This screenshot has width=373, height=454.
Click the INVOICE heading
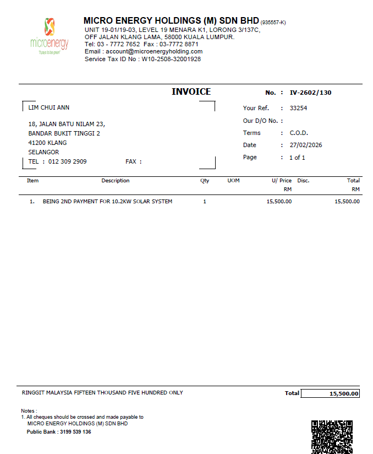[191, 92]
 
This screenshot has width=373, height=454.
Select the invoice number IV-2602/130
[310, 93]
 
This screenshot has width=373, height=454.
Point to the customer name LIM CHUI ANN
[49, 107]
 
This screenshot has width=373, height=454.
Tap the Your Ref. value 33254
[298, 108]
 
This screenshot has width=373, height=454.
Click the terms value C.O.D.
[299, 133]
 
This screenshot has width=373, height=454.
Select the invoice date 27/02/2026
[305, 145]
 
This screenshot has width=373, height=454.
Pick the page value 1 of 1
[297, 157]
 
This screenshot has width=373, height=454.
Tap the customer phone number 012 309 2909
[68, 161]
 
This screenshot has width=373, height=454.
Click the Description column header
[115, 181]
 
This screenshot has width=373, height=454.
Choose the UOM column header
[233, 181]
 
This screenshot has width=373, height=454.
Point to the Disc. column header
[303, 181]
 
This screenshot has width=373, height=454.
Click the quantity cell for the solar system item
[205, 202]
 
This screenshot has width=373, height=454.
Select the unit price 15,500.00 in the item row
[279, 202]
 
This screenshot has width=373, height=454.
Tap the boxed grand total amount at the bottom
[331, 393]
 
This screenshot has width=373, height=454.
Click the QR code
[332, 436]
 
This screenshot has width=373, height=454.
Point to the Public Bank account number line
[59, 432]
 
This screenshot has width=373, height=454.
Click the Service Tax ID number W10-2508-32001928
[171, 59]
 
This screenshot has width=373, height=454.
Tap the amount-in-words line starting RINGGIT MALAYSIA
[102, 393]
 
